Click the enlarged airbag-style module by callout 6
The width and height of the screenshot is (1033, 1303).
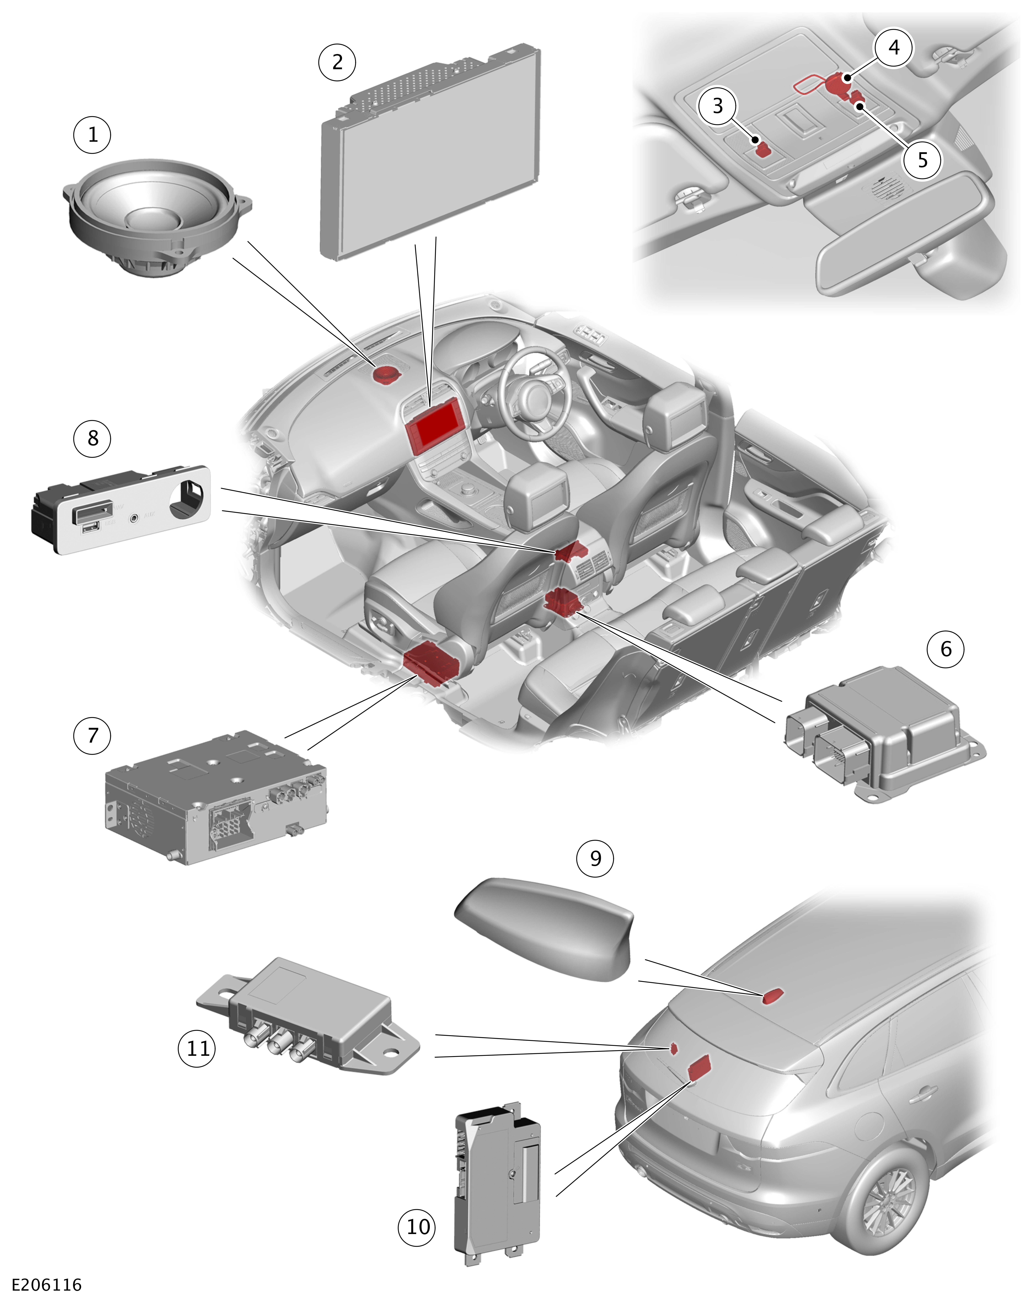883,734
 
